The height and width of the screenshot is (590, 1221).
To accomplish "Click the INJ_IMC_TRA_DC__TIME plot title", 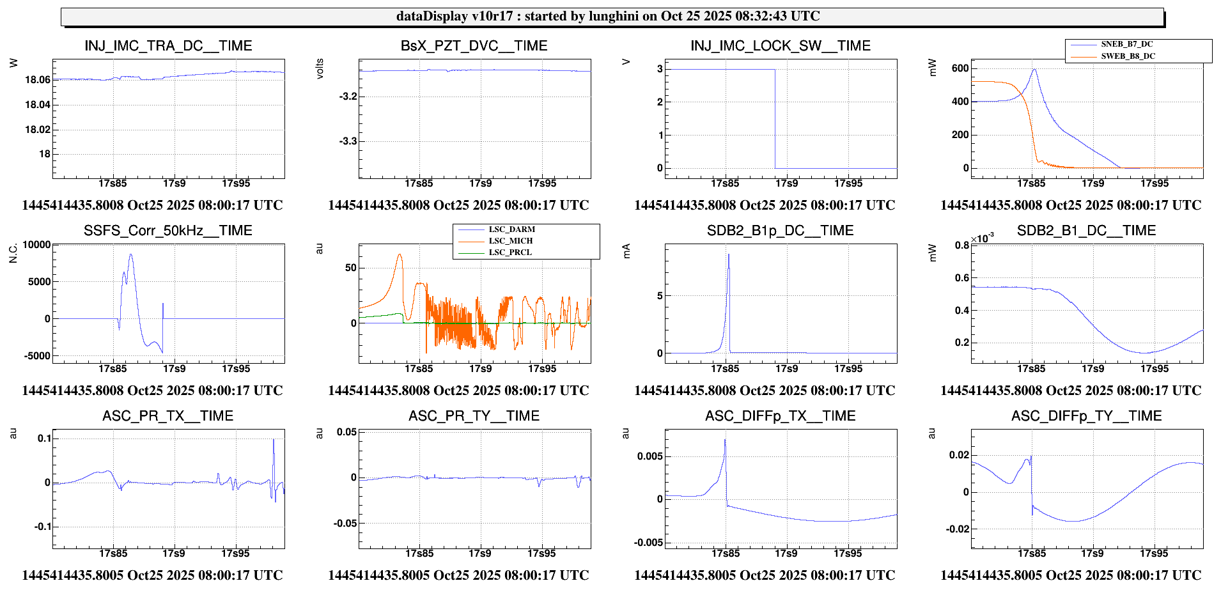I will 168,46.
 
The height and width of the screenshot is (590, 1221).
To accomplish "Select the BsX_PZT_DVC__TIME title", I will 474,46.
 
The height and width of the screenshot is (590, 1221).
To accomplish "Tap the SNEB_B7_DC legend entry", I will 1126,44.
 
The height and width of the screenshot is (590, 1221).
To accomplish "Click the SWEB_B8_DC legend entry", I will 1128,56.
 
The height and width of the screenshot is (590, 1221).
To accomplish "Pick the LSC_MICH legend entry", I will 510,241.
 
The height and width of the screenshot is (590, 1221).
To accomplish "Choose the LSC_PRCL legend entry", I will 510,252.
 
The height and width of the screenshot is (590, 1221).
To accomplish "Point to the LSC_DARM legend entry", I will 511,229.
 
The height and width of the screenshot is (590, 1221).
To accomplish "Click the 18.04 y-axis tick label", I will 37,105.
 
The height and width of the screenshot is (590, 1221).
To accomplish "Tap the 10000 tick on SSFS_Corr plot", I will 36,245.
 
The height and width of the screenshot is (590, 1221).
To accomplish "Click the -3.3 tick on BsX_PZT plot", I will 348,141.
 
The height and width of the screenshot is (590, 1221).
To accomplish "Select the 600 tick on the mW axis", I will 960,68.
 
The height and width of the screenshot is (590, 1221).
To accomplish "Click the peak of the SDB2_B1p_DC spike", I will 728,255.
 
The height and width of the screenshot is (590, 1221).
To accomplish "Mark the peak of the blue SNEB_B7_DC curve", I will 1034,69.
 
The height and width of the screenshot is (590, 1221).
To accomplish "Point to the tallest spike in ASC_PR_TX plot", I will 274,440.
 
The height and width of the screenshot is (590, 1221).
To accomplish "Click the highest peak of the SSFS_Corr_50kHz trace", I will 131,254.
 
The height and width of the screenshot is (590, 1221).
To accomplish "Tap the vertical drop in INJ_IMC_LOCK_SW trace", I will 775,118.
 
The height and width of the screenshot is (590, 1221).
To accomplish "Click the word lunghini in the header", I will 613,16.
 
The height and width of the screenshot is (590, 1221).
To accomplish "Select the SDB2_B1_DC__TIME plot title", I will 1086,231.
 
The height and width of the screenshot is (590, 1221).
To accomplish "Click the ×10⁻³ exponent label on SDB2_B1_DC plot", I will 983,238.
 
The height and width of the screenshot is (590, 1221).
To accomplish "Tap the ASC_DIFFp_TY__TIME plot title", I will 1086,416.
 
